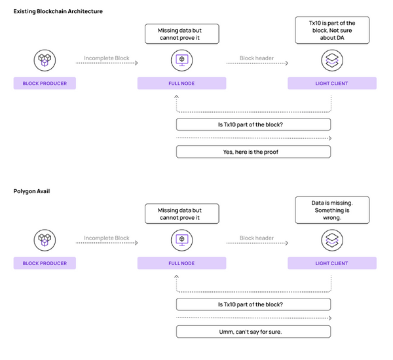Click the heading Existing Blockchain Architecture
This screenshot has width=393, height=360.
coord(58,12)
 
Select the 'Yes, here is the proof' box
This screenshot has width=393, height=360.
coord(253,152)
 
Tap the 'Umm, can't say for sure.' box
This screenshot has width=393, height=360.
coord(253,331)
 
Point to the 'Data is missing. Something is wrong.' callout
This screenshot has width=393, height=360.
coord(331,211)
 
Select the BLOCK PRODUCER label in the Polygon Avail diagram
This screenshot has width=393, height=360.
coord(45,263)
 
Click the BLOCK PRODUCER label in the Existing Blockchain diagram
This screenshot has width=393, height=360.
coord(45,84)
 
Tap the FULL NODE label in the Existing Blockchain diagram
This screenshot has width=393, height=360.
coord(181,84)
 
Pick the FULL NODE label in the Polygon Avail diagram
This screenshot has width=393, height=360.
coord(181,263)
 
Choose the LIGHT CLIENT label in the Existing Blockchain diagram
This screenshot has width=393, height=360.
coord(331,84)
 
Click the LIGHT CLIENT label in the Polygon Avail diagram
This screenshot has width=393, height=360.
coord(331,263)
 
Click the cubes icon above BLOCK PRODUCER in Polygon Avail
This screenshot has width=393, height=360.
coord(45,240)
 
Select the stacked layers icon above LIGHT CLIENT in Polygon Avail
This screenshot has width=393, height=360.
coord(331,240)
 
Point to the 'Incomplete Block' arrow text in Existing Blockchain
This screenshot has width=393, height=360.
coord(107,59)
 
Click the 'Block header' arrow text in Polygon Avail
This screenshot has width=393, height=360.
coord(257,238)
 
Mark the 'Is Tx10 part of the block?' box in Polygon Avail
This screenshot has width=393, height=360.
coord(253,304)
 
